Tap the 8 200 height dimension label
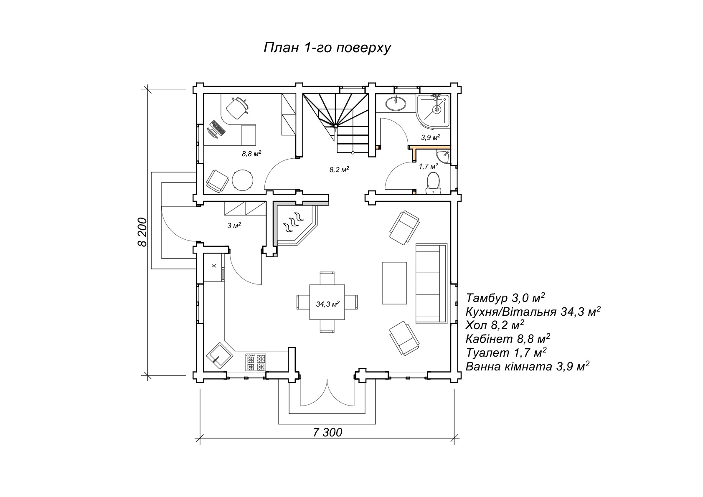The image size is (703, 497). click(x=142, y=232)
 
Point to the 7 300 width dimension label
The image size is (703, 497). click(x=327, y=432)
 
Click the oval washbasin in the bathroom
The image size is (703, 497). click(x=396, y=104)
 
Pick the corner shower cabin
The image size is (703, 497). click(x=434, y=111)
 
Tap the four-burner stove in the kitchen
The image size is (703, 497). click(x=256, y=363)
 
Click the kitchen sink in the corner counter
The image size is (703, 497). click(x=219, y=355)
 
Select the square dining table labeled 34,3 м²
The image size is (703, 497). click(x=327, y=302)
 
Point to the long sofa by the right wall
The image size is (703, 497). click(x=431, y=284)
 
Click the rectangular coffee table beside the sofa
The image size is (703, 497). click(x=394, y=283)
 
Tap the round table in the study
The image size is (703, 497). click(x=243, y=180)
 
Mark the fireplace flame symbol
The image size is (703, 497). click(x=294, y=222)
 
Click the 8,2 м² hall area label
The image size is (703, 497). click(x=339, y=170)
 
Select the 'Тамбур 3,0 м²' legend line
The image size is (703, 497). click(x=505, y=297)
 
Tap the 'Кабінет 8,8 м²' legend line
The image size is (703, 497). click(x=508, y=339)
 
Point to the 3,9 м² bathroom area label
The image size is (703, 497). click(x=431, y=137)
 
